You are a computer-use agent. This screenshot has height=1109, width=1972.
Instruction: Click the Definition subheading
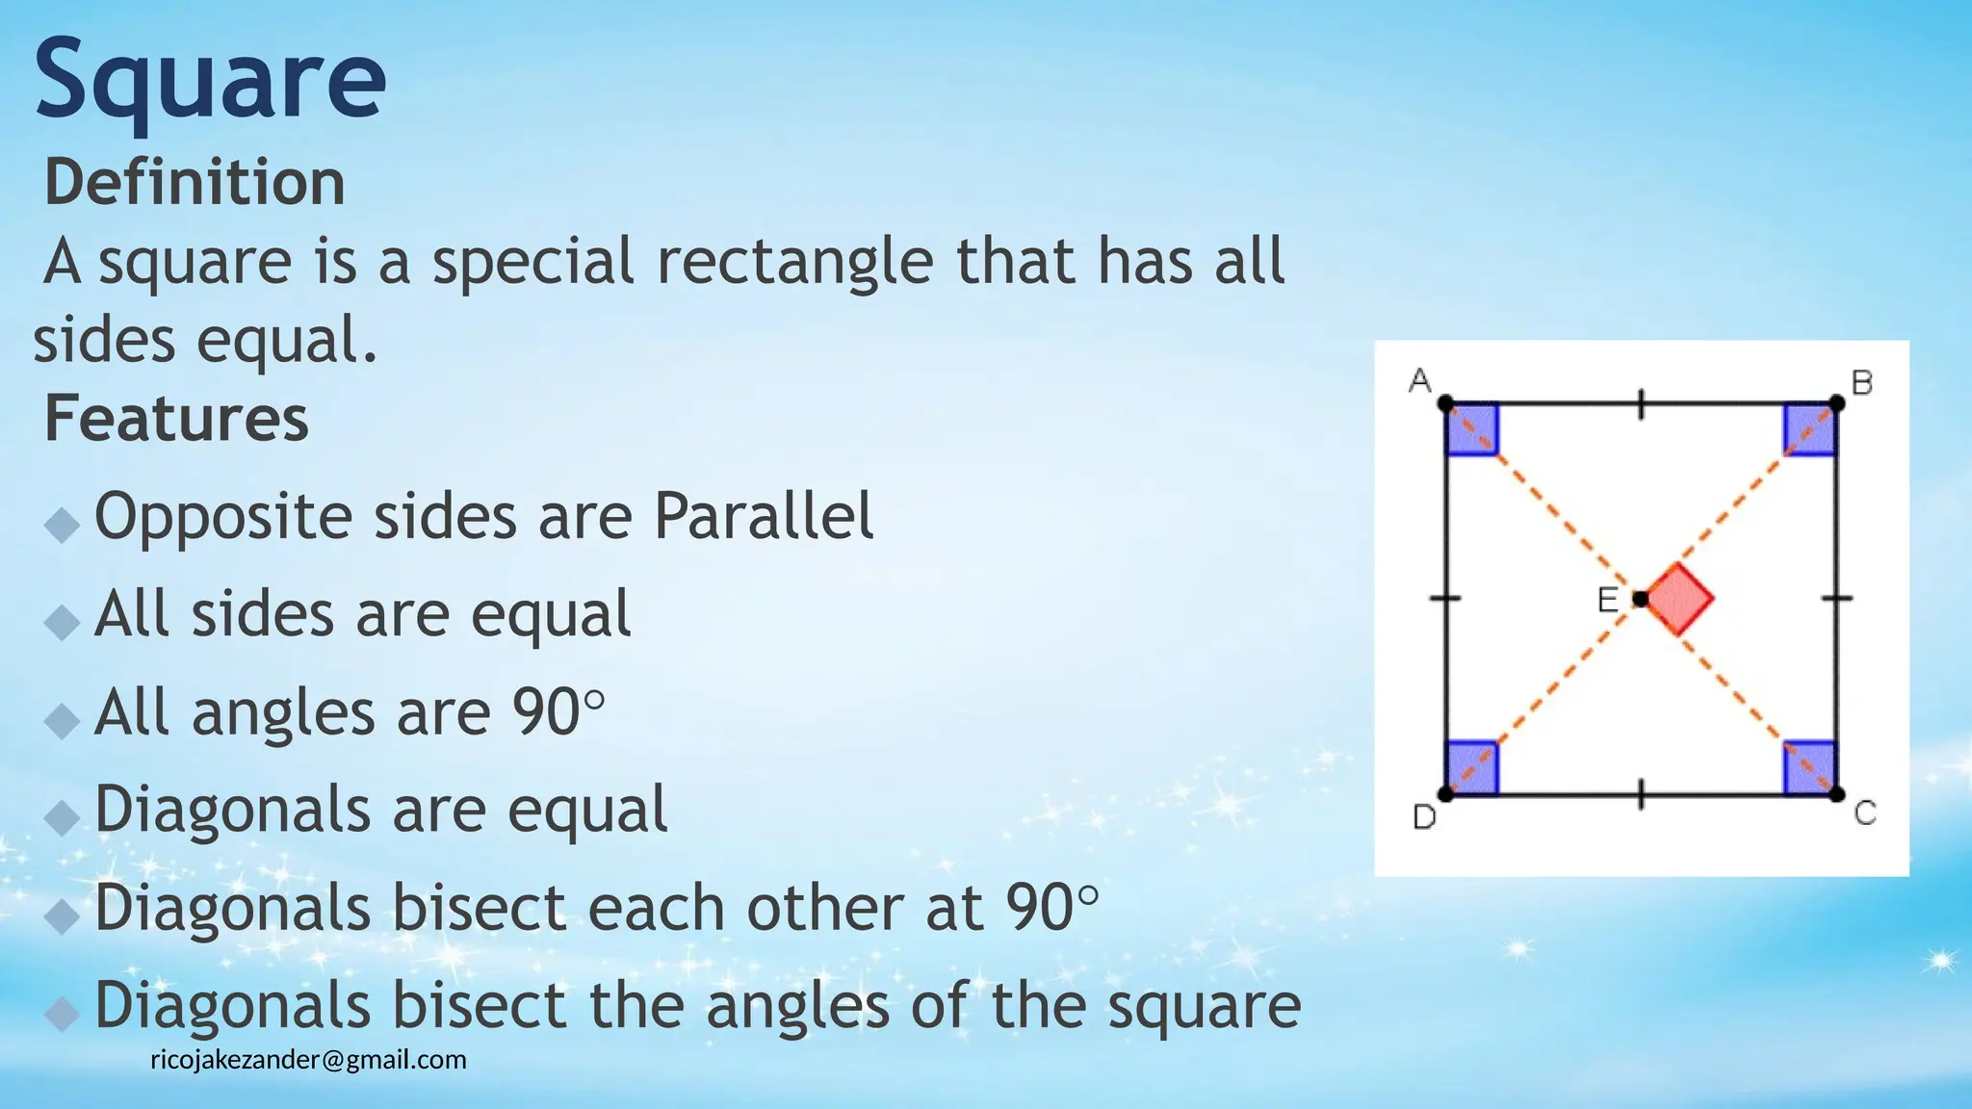pos(195,182)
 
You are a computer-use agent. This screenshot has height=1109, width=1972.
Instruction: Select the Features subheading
pos(176,419)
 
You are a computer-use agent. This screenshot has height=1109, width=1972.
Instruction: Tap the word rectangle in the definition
pos(794,262)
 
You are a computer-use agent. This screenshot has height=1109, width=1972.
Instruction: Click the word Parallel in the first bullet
pos(764,517)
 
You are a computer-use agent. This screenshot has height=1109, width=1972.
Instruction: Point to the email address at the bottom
pos(308,1060)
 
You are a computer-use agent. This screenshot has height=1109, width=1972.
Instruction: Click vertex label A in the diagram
pos(1419,381)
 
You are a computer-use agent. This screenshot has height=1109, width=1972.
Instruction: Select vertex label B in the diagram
pos(1862,383)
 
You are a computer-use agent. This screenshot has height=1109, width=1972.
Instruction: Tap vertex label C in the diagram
pos(1865,814)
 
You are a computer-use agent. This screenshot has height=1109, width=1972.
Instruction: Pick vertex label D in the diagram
pos(1423,817)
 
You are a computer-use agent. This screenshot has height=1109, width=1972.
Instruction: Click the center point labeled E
pos(1640,599)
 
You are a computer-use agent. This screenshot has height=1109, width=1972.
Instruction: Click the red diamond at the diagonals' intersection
pos(1679,599)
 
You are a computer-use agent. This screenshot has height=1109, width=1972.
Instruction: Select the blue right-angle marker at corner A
pos(1472,429)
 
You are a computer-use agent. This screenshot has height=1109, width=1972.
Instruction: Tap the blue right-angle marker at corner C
pos(1809,768)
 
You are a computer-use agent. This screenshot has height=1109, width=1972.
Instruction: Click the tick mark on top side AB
pos(1642,404)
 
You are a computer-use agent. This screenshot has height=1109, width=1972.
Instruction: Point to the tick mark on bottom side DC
pos(1642,794)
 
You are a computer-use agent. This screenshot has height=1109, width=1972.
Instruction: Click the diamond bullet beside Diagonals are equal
pos(63,817)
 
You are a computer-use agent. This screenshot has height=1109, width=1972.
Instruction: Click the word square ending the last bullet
pos(1204,1006)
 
